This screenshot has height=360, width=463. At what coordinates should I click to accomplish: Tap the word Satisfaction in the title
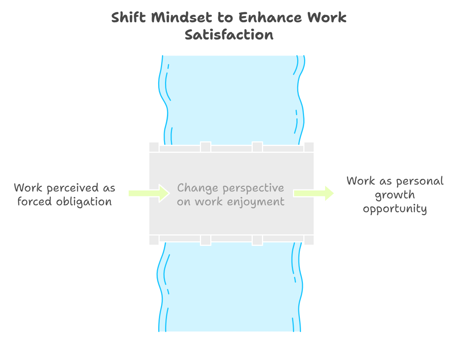pos(229,35)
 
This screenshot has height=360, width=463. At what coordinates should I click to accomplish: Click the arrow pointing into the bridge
pos(149,193)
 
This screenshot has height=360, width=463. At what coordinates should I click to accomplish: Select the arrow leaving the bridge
pos(314,193)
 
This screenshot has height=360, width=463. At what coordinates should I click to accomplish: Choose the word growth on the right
pos(395,195)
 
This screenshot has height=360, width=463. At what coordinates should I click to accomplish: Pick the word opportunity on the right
pos(395,209)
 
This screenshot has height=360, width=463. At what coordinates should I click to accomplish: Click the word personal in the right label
pos(419,181)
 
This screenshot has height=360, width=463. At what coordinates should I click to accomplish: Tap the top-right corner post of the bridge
pos(309,147)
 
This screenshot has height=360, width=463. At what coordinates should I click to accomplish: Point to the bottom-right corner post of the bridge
pos(309,240)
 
